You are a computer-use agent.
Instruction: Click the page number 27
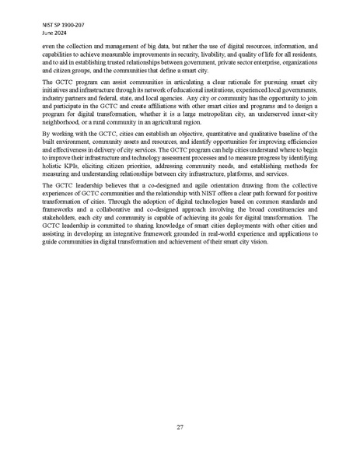coord(180,427)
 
